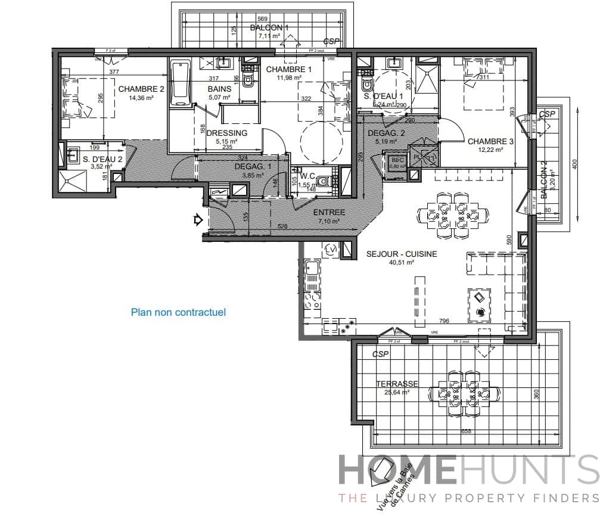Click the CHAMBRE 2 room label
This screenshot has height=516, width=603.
(141, 89)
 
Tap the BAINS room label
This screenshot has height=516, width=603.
(219, 89)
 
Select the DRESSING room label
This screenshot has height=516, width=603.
(226, 133)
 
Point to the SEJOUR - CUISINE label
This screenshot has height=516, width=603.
(402, 254)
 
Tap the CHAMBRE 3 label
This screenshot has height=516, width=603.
(490, 141)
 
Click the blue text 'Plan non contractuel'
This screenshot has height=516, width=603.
(178, 312)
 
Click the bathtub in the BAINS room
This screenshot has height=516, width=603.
(180, 84)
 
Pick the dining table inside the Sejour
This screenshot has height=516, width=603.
(452, 215)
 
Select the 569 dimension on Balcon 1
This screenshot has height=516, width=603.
(263, 18)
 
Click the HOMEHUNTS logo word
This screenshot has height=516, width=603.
(468, 471)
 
